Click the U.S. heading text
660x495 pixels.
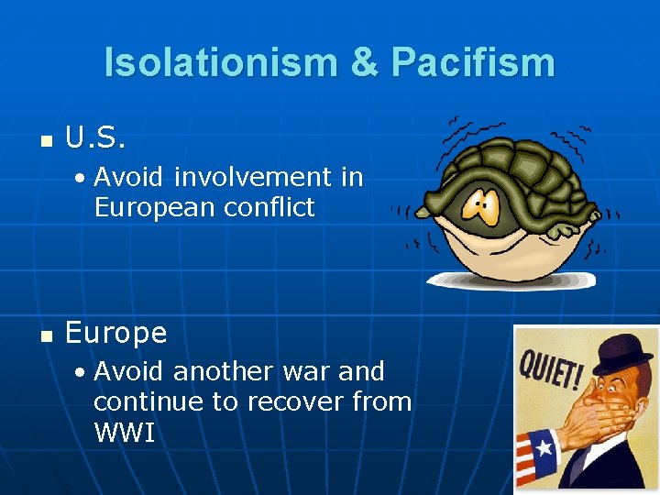(x=95, y=138)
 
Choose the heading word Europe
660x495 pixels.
(x=116, y=333)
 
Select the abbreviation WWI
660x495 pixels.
(x=124, y=432)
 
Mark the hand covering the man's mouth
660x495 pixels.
(x=600, y=408)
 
